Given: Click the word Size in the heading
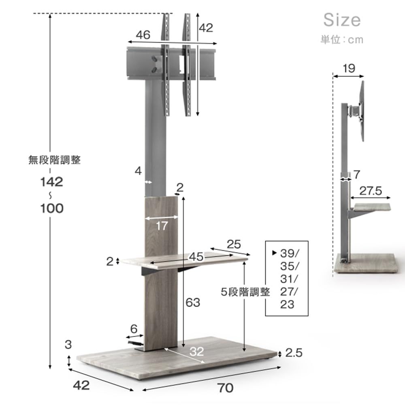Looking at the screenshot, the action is (x=342, y=20).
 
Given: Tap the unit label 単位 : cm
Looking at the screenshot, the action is (x=342, y=40).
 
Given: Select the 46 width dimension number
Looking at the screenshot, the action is (x=143, y=35).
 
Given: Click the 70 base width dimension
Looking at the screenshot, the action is (x=225, y=388).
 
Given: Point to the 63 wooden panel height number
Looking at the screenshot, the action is (x=193, y=303).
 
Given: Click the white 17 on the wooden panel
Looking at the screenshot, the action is (x=162, y=226).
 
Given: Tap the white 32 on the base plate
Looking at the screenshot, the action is (x=197, y=352).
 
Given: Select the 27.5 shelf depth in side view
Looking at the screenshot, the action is (x=371, y=191).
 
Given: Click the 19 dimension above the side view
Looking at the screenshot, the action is (x=349, y=68).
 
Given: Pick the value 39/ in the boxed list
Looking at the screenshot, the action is (x=289, y=254).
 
